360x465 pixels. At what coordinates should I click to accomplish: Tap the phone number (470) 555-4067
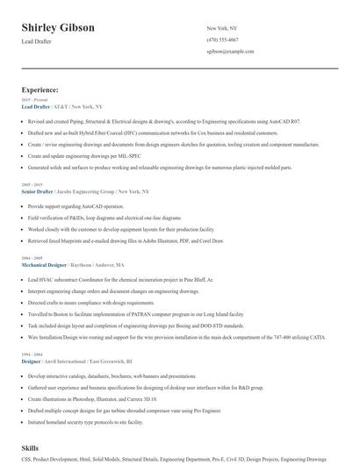pos(222,39)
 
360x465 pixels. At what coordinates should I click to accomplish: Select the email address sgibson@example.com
pos(230,52)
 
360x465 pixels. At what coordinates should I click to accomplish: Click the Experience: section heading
pos(40,89)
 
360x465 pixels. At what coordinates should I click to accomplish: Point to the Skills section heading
pos(31,447)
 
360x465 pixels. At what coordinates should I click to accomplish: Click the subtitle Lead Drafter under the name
pos(37,41)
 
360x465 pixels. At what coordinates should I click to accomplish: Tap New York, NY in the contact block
pos(222,28)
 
